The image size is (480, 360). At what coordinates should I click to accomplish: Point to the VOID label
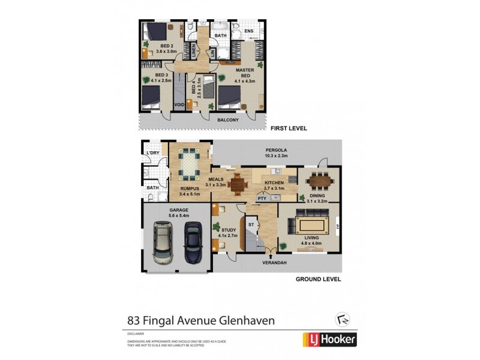(179, 105)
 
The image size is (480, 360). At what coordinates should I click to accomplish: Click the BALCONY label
(229, 120)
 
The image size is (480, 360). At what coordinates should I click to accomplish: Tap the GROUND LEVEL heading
(318, 279)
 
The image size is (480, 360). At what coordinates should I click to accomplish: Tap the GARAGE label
(178, 212)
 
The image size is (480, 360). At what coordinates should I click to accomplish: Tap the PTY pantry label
(262, 197)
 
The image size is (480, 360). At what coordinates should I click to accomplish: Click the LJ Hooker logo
(329, 340)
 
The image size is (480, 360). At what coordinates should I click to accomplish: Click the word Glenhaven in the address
(245, 320)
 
